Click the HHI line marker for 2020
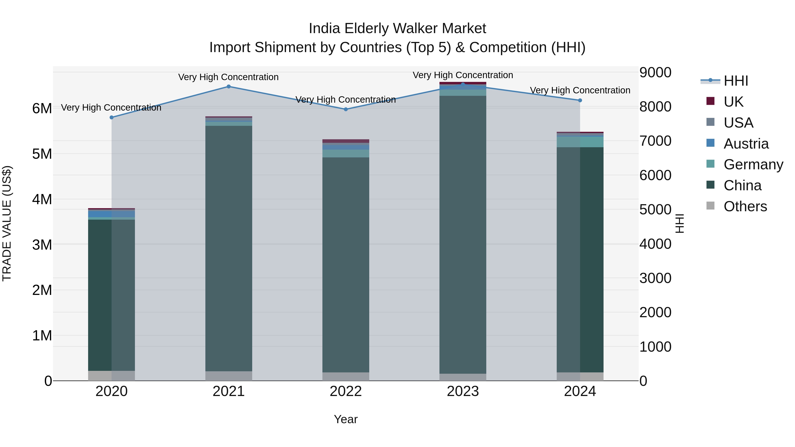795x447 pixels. point(112,117)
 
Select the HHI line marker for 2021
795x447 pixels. point(229,87)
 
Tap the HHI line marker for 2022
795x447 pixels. point(346,109)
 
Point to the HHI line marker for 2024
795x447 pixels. point(580,100)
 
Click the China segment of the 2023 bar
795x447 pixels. point(463,234)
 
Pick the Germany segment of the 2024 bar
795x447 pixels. point(580,142)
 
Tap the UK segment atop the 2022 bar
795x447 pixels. point(346,141)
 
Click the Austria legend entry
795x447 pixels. point(746,144)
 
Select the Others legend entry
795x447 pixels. point(745,206)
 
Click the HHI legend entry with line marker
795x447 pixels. point(736,81)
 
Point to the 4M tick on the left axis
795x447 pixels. point(42,199)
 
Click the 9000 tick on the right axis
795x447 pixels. point(655,73)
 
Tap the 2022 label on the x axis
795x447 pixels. point(346,391)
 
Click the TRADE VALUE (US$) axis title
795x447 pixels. point(7,223)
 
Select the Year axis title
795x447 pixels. point(346,419)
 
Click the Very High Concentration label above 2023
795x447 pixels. point(463,75)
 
